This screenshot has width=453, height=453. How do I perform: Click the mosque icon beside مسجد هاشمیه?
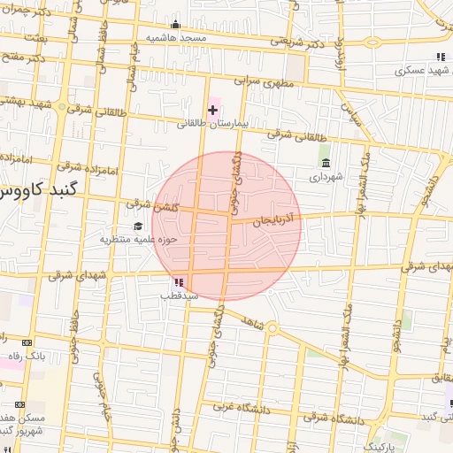coord(175,24)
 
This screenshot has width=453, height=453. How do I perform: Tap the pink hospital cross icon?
coord(212,109)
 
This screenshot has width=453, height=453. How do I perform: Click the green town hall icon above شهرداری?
coord(326,163)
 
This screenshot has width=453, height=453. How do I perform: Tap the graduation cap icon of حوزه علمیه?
coord(137,226)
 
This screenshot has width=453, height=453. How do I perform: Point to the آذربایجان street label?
coord(279,219)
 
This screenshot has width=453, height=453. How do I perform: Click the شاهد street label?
coord(251,325)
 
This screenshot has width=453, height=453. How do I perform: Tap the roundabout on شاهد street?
coord(273,329)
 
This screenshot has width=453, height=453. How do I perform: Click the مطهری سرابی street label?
coord(264,81)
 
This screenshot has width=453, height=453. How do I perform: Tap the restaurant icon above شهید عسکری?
coord(440,58)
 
